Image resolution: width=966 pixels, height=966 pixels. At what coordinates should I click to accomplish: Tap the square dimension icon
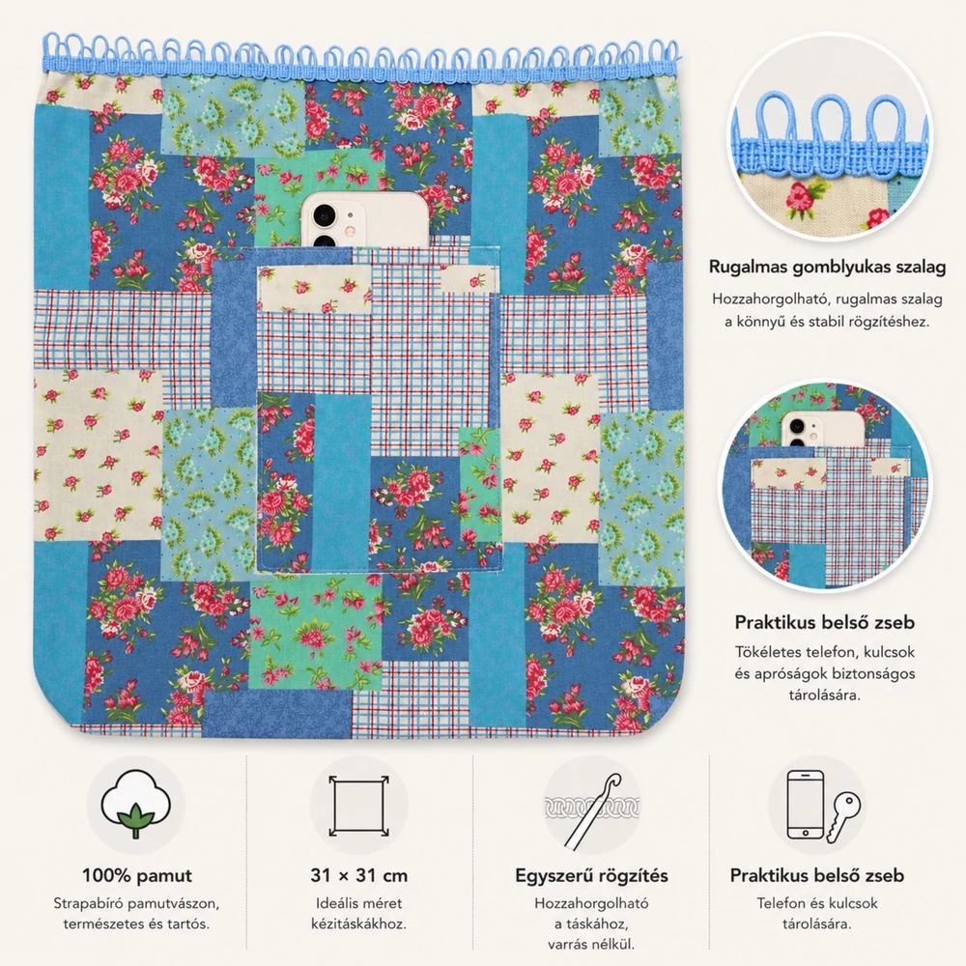point(358,805)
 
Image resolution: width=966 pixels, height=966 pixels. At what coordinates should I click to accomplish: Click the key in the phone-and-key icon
point(843,816)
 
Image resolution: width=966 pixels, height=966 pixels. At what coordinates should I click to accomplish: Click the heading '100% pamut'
point(137,875)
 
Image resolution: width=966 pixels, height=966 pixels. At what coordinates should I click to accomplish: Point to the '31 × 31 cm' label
point(358,875)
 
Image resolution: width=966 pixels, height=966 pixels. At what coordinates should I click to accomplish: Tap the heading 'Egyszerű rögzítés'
point(591,875)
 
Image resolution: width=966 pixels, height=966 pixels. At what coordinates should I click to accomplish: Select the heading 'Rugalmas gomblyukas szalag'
point(827,267)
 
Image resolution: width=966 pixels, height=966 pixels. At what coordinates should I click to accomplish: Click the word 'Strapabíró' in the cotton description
point(85,904)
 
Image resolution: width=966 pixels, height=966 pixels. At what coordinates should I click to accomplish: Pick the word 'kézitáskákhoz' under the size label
point(358,924)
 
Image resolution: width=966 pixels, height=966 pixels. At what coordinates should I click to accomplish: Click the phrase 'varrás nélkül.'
point(591,944)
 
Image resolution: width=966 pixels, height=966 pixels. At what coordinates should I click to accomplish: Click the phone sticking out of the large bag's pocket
point(365,220)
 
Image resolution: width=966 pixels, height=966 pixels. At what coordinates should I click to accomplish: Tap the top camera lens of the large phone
point(324,215)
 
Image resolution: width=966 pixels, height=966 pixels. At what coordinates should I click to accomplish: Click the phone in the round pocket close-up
point(824,430)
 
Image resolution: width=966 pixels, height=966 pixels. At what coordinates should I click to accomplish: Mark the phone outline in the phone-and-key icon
point(806,805)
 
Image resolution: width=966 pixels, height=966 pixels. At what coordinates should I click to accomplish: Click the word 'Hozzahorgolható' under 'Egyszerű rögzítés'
point(591,904)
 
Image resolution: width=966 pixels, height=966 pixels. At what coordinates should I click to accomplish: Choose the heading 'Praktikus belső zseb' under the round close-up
point(824,622)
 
